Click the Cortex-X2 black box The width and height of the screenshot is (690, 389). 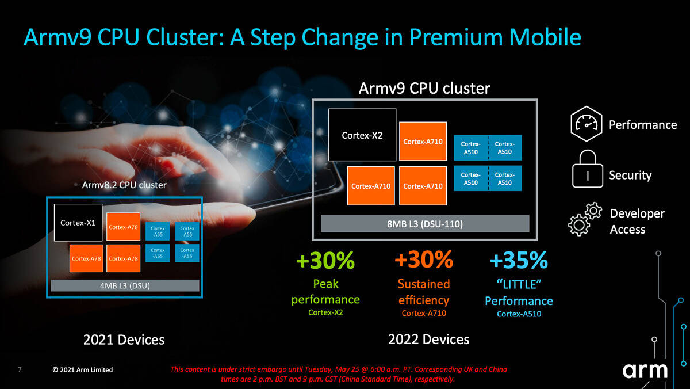click(x=362, y=135)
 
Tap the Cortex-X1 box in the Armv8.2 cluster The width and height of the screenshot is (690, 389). click(x=78, y=222)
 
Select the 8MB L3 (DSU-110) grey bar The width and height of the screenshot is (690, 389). click(x=424, y=223)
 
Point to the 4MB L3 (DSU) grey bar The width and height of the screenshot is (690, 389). click(x=125, y=285)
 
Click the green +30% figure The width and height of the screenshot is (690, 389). click(x=325, y=261)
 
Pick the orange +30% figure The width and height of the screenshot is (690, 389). click(x=424, y=260)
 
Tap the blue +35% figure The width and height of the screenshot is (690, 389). click(x=519, y=261)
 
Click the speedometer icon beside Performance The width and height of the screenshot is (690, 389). click(x=586, y=125)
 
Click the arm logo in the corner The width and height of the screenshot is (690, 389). click(x=645, y=371)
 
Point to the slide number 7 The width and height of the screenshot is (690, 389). click(x=20, y=369)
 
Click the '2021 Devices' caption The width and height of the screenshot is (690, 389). click(x=124, y=340)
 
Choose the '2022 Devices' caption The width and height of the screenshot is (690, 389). click(x=428, y=339)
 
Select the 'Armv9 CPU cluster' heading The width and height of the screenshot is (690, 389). click(x=424, y=88)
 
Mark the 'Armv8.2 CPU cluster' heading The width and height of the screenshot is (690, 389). click(x=124, y=185)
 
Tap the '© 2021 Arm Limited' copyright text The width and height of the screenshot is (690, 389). click(x=83, y=369)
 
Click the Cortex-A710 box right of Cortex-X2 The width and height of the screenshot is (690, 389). click(x=423, y=141)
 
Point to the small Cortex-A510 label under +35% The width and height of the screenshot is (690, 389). click(x=519, y=314)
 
